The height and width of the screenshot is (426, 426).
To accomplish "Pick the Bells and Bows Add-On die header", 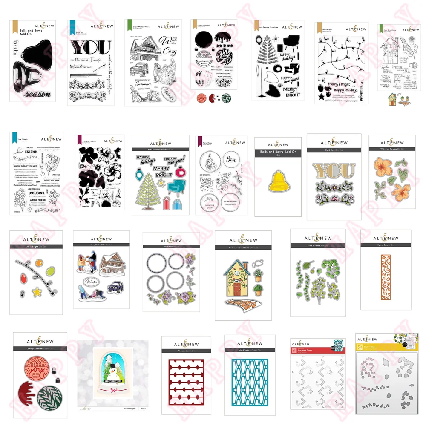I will pos(278,153).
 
